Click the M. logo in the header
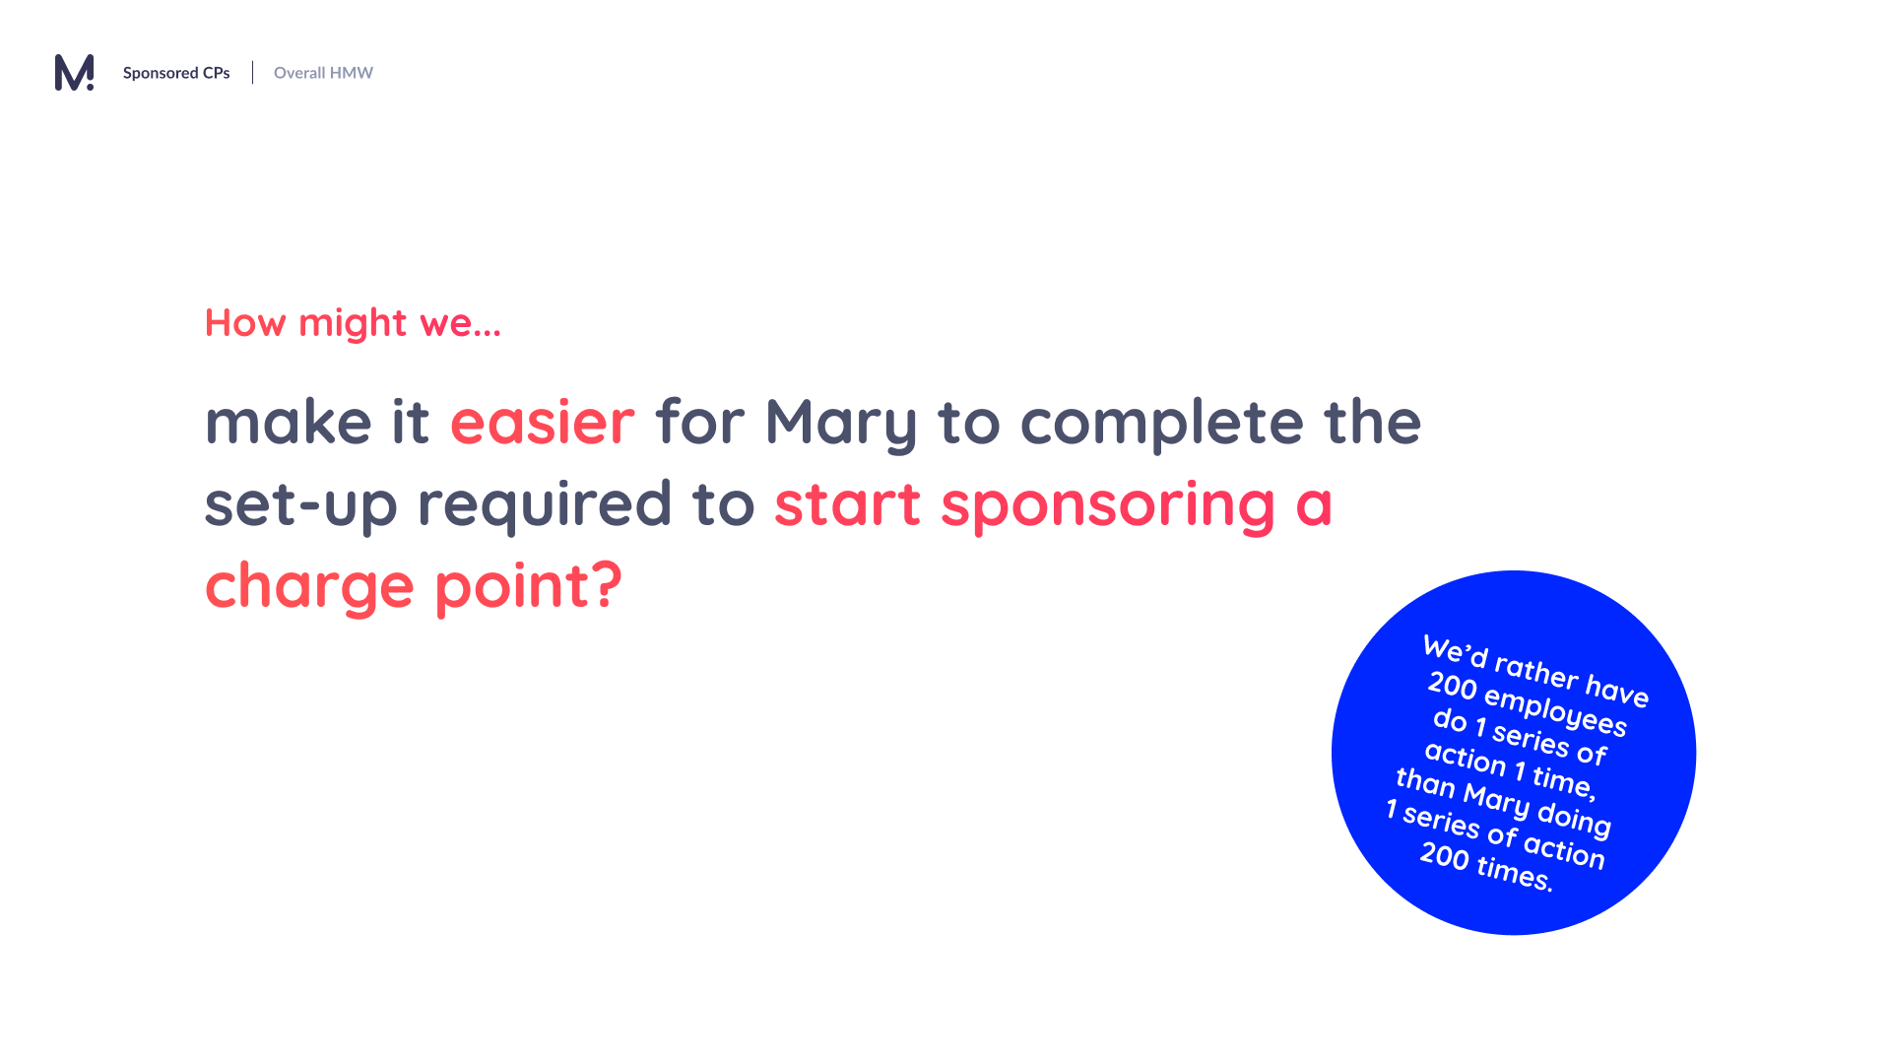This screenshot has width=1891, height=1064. click(x=74, y=72)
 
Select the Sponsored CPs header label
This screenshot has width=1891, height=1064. click(x=176, y=73)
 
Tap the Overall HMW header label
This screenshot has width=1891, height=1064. click(x=323, y=73)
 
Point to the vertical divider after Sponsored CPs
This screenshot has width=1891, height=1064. click(x=252, y=73)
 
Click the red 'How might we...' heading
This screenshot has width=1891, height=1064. click(x=353, y=323)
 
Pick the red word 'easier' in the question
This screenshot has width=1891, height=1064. click(x=543, y=423)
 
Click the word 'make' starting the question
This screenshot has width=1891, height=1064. click(x=289, y=423)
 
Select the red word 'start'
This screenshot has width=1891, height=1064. click(x=847, y=504)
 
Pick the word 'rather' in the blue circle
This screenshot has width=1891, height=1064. click(x=1536, y=670)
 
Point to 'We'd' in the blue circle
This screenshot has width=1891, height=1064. click(x=1455, y=651)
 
